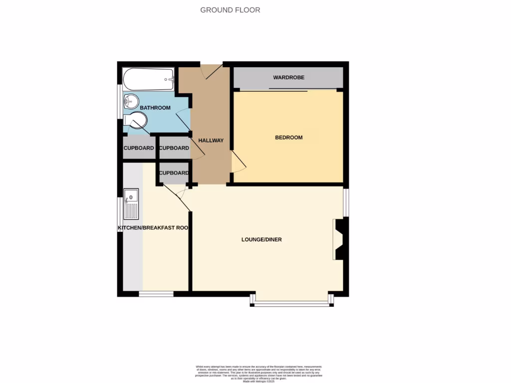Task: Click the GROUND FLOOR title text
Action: [230, 10]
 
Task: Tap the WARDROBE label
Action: [288, 78]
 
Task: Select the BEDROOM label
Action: [289, 138]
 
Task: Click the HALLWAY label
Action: [211, 141]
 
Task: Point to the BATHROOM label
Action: [155, 108]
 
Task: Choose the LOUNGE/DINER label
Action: [261, 240]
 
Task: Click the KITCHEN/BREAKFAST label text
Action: [153, 228]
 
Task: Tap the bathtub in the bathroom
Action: [149, 79]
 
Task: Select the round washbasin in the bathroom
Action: [130, 102]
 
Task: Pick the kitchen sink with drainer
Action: [131, 204]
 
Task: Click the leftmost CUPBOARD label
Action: [139, 148]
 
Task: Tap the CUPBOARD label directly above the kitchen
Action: [174, 173]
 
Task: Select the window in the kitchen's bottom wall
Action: [156, 294]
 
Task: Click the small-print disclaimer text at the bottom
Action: [258, 374]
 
